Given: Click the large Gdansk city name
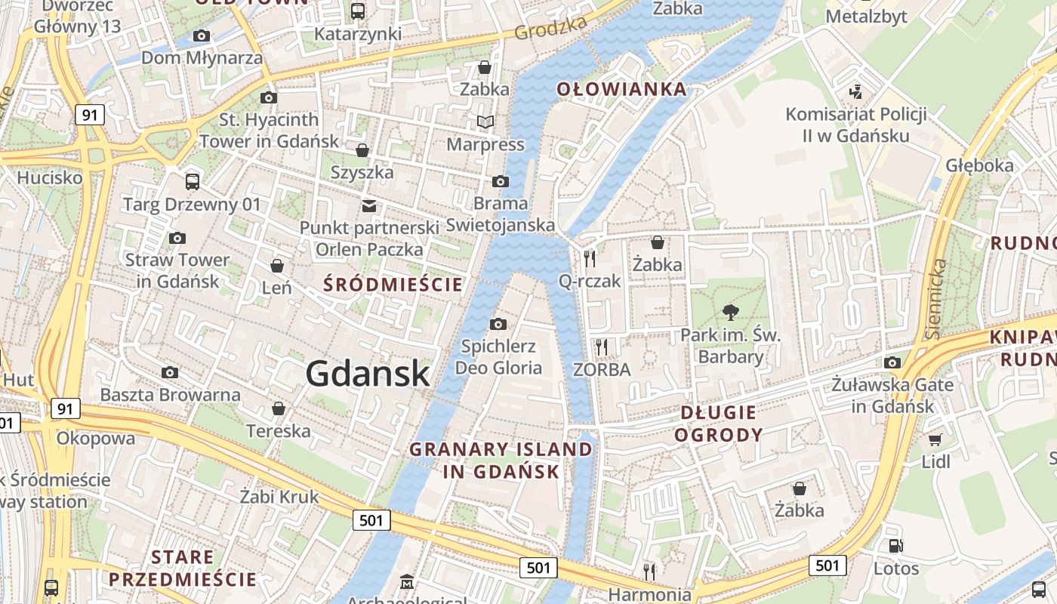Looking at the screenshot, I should pyautogui.click(x=368, y=374).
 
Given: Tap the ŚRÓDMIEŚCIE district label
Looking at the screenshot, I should pyautogui.click(x=393, y=285).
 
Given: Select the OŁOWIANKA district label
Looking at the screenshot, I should pyautogui.click(x=622, y=89).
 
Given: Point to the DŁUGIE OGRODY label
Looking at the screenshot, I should pyautogui.click(x=718, y=424).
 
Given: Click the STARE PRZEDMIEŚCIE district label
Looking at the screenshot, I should pyautogui.click(x=182, y=569).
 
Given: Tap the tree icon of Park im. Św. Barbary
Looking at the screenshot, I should pyautogui.click(x=730, y=311).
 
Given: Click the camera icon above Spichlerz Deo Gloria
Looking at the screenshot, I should pyautogui.click(x=498, y=324).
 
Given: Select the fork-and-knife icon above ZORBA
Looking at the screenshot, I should pyautogui.click(x=602, y=347).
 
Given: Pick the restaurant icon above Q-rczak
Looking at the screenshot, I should pyautogui.click(x=590, y=258).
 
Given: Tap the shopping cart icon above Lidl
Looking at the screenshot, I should pyautogui.click(x=935, y=439).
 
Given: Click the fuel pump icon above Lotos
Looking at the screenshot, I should pyautogui.click(x=895, y=545).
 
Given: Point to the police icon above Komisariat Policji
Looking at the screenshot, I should pyautogui.click(x=855, y=92).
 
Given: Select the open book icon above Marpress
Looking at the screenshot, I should pyautogui.click(x=485, y=122).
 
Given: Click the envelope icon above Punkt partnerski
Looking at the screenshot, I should pyautogui.click(x=368, y=205).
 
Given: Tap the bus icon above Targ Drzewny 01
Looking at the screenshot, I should pyautogui.click(x=193, y=181).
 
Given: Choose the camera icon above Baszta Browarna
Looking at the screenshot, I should pyautogui.click(x=170, y=372).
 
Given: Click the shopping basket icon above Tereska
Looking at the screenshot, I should pyautogui.click(x=279, y=408).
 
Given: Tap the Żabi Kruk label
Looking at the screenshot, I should pyautogui.click(x=279, y=497).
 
